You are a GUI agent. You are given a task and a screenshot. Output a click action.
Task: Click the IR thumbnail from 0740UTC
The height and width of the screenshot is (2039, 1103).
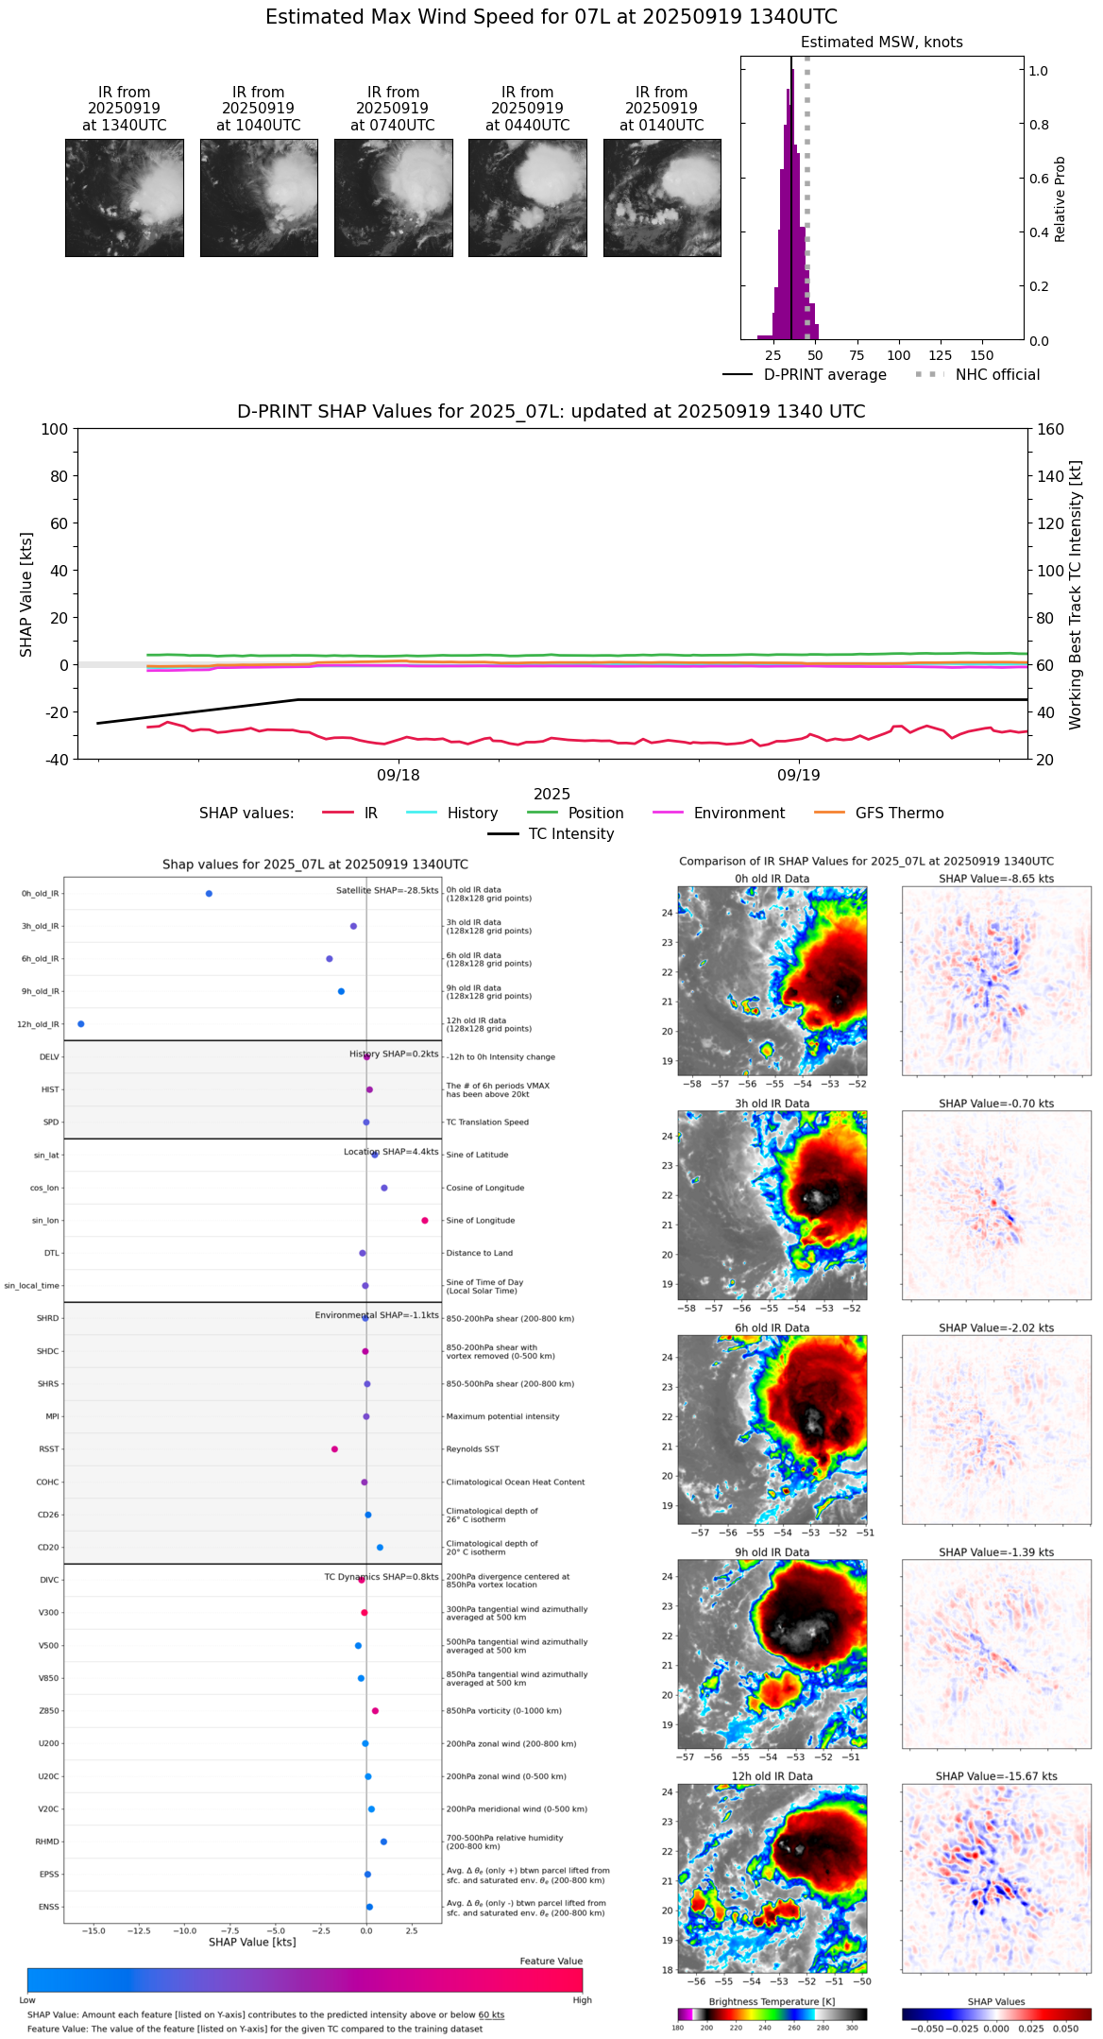click(393, 197)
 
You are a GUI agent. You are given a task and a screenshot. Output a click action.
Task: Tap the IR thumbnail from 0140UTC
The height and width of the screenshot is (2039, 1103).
click(662, 197)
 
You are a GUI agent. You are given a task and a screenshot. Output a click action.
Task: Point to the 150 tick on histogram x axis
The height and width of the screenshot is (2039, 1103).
click(982, 355)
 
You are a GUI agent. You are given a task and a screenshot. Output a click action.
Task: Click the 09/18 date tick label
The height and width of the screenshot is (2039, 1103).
click(399, 775)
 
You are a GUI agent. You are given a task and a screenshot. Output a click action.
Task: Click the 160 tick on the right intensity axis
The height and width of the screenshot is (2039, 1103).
click(1051, 429)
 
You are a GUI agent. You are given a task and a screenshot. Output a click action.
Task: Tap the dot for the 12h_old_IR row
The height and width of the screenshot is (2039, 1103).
click(81, 1024)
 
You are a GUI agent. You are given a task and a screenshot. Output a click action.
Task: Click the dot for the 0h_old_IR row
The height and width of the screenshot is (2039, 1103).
click(209, 894)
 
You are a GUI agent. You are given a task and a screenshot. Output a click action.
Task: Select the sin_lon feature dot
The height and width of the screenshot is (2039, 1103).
click(425, 1221)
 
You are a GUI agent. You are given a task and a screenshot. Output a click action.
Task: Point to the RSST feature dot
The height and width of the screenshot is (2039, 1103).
click(334, 1449)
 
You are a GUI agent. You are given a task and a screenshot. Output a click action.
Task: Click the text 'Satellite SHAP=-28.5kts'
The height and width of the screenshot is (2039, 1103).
click(387, 891)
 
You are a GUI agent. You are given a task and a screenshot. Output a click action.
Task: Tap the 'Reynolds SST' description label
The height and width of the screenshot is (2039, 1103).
click(472, 1449)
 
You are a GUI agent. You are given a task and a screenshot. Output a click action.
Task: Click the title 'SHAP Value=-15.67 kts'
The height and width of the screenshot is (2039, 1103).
click(996, 1776)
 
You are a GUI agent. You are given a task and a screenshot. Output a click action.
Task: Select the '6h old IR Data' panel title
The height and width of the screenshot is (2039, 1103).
click(772, 1328)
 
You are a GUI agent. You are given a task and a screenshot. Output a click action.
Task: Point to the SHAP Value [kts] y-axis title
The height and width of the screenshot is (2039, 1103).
click(26, 594)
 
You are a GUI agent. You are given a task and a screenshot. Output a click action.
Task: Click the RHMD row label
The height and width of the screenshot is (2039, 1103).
click(47, 1842)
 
